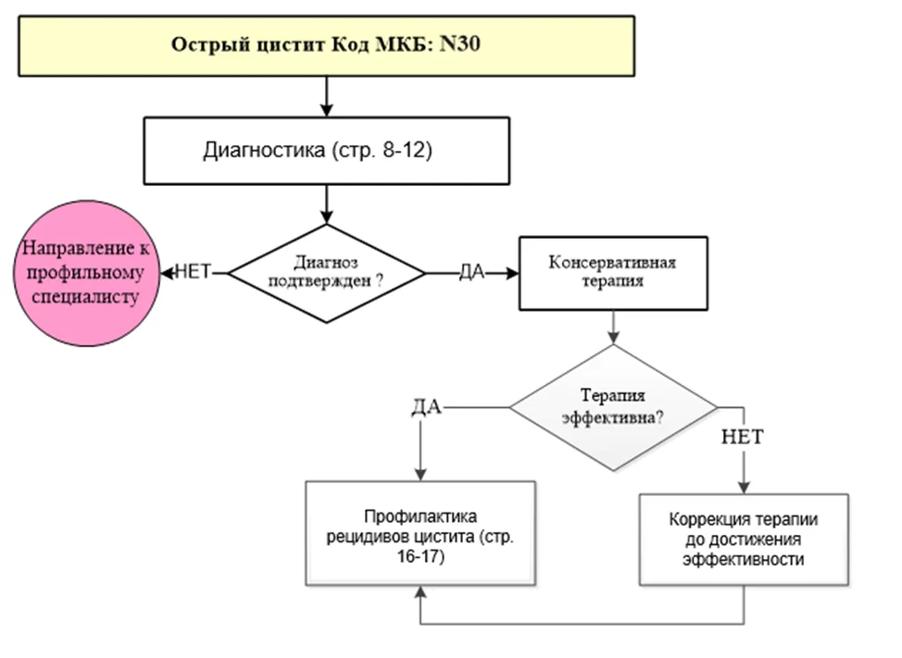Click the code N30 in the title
pos(459,43)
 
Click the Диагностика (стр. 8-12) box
pos(326,151)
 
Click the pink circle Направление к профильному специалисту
pos(86,273)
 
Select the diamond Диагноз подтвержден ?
pos(326,273)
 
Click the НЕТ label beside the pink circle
pos(193,271)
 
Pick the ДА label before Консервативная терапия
pos(471,272)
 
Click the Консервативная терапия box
pos(613,273)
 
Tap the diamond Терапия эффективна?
pos(613,407)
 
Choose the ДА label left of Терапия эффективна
pos(426,407)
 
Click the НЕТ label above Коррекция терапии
pos(742,437)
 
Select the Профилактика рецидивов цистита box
pos(420,533)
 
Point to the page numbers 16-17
pos(420,556)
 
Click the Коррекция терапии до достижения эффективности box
pos(744,539)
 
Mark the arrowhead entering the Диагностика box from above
pos(326,110)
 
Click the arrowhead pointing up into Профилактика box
pos(420,592)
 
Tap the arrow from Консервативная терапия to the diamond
pos(613,328)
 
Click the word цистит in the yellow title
pos(291,44)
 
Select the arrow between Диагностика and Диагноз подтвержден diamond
pos(326,204)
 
